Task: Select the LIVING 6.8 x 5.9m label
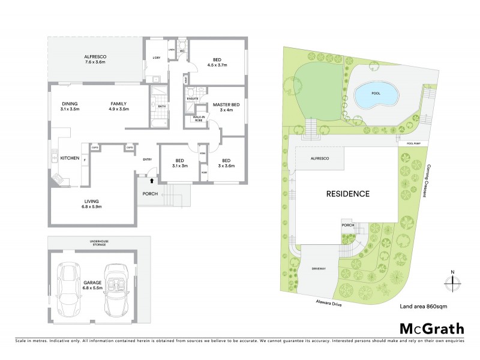pos(92,204)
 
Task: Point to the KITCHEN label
pos(70,158)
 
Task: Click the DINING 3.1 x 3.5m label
pos(70,106)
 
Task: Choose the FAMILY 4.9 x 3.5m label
pos(117,106)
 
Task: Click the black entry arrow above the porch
pos(152,179)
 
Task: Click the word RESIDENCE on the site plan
pos(347,194)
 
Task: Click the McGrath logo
pos(431,328)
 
